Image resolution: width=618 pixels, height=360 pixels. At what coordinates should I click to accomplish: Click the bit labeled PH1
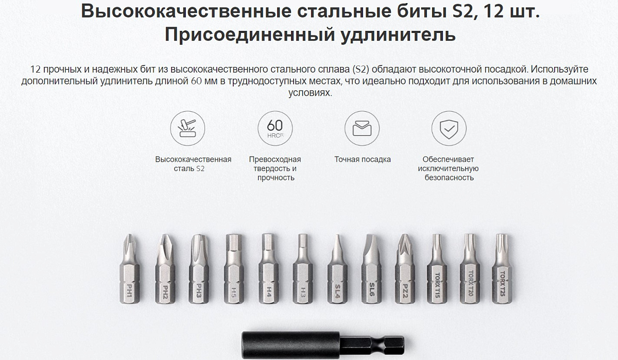click(129, 269)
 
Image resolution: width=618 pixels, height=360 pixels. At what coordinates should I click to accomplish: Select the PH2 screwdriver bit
click(165, 269)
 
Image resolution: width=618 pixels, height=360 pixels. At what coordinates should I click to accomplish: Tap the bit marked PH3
click(199, 269)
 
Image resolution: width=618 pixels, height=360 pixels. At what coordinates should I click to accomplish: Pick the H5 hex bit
click(233, 269)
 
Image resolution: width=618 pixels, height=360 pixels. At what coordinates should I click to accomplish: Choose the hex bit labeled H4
click(268, 269)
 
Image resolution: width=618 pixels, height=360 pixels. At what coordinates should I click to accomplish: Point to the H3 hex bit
click(303, 269)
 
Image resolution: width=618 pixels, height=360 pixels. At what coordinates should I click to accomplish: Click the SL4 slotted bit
click(337, 269)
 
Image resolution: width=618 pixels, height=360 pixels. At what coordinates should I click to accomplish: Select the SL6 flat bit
click(371, 269)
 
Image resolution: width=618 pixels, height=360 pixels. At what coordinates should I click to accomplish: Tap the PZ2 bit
click(405, 269)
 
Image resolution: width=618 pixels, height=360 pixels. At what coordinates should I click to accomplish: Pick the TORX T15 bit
click(437, 269)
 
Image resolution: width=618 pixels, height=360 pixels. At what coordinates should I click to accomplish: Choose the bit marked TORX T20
click(470, 269)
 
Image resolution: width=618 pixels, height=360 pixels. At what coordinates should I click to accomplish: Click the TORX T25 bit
click(502, 269)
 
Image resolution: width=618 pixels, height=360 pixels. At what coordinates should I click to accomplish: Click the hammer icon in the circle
click(187, 128)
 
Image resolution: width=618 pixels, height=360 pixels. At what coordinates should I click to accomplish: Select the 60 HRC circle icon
click(275, 128)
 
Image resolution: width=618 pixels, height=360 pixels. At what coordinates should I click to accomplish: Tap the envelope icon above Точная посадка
click(362, 128)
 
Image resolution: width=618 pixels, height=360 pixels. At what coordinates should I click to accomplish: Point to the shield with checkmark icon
click(449, 128)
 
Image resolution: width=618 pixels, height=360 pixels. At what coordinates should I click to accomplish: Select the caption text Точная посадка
click(363, 160)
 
